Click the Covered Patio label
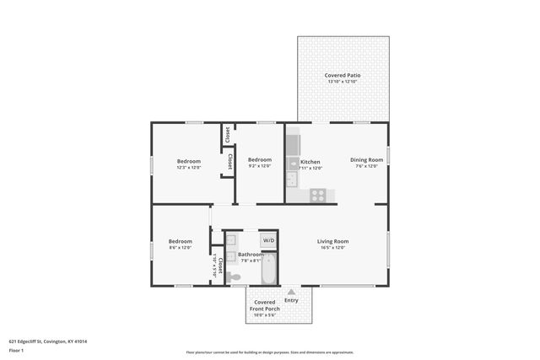coord(343,76)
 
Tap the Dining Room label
coord(367,159)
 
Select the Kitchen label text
coord(310,161)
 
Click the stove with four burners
coord(318,195)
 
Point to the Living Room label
coord(333,241)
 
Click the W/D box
coord(268,240)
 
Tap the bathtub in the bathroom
coord(269,270)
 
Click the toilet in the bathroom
coord(233,276)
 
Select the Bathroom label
coord(251,254)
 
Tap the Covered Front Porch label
coord(264,306)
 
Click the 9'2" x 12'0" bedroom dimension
coord(260,166)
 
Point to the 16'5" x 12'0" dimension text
coord(333,248)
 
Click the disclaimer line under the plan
coord(270,352)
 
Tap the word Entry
coord(292,300)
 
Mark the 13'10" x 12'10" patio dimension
coord(343,82)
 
